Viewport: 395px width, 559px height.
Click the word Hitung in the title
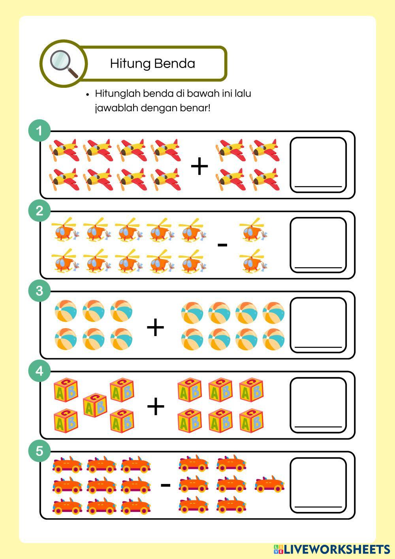[x=130, y=64]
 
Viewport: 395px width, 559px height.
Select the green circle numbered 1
[x=39, y=131]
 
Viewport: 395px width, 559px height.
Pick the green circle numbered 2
[x=39, y=211]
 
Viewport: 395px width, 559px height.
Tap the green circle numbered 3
[x=39, y=291]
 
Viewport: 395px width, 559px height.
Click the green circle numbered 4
[x=39, y=371]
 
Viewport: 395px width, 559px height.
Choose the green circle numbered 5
[x=39, y=451]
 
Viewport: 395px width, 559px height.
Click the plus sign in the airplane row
[x=199, y=166]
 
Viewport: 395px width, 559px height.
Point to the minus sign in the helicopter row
[x=222, y=245]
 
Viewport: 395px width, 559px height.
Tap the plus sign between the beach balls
[x=155, y=327]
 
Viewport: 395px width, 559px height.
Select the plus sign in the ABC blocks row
[x=156, y=406]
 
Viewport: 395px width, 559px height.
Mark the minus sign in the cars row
[x=166, y=485]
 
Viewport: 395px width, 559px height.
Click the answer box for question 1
[x=318, y=165]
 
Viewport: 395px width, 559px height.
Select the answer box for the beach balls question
[x=318, y=325]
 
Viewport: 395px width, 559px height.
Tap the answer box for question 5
[x=318, y=485]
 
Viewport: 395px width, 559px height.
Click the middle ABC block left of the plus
[x=95, y=405]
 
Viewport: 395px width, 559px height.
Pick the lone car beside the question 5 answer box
[x=269, y=484]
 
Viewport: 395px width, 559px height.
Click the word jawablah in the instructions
[x=116, y=108]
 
